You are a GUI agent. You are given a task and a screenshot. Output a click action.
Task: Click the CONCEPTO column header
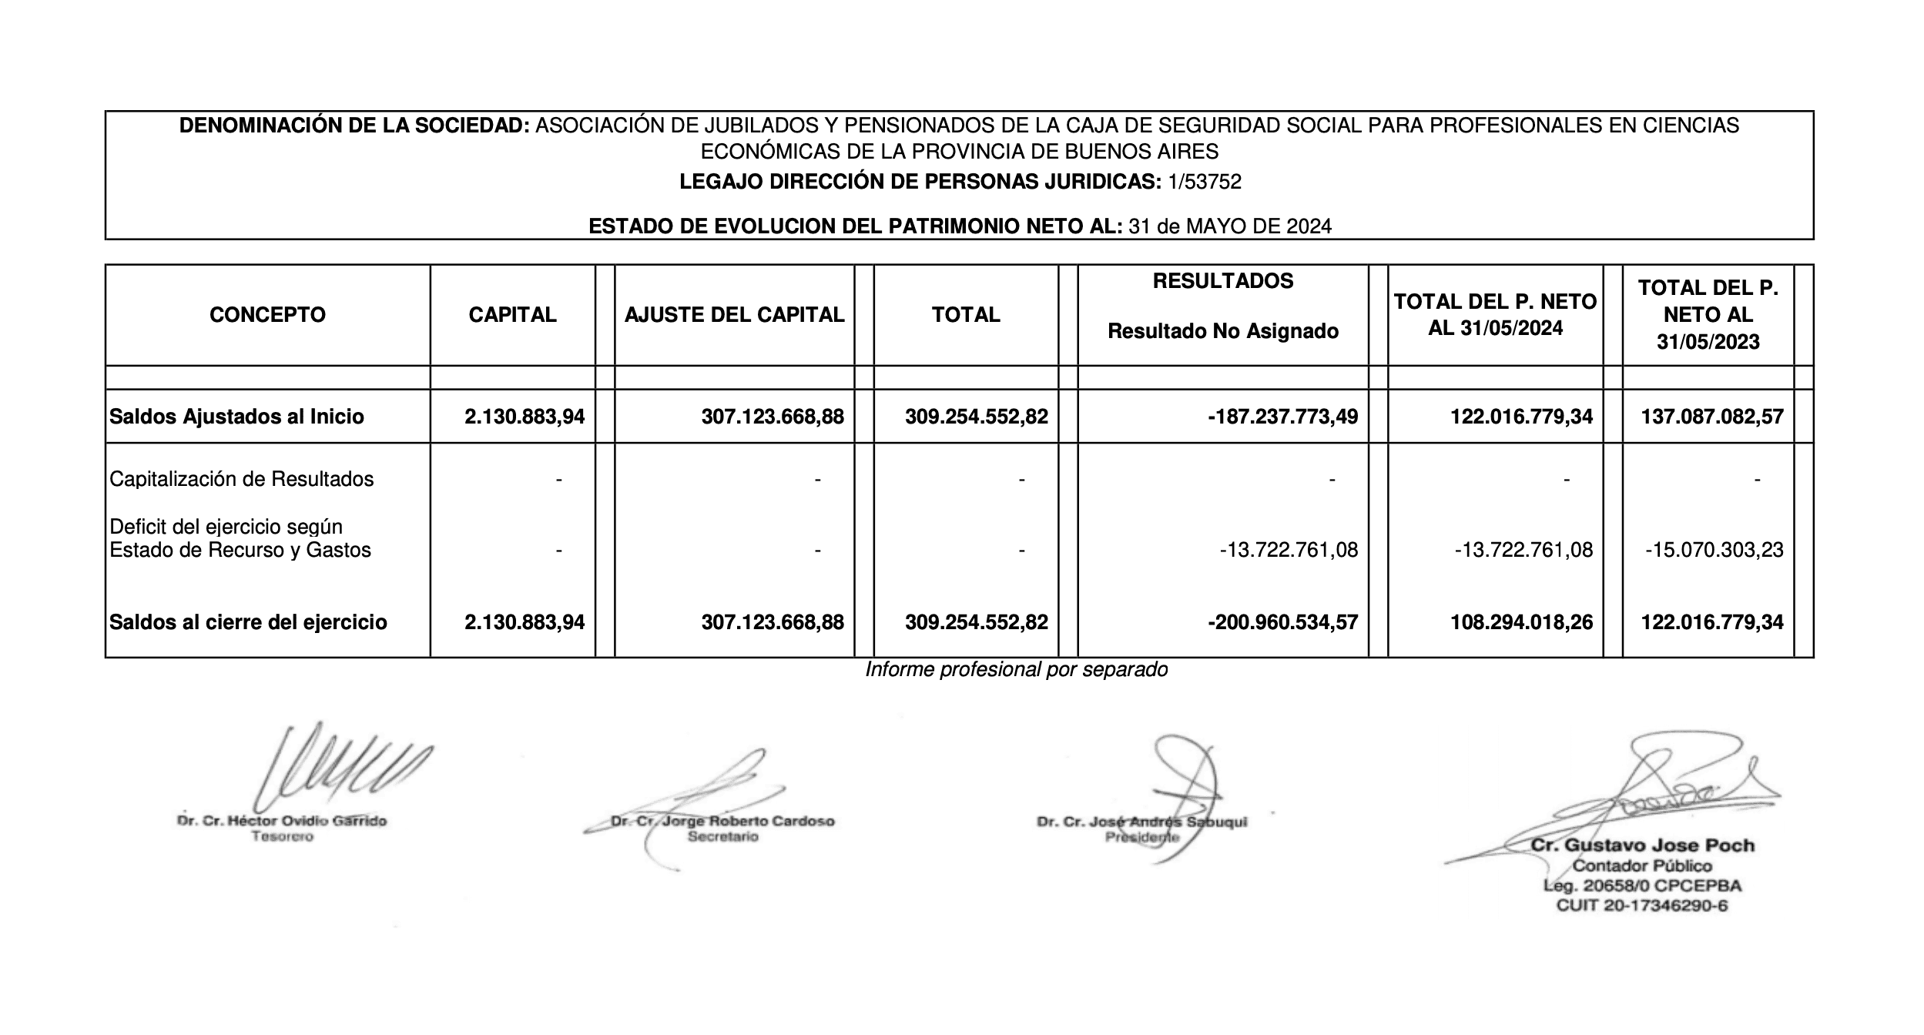(x=267, y=314)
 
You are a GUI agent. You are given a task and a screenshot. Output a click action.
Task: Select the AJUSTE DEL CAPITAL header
(x=734, y=314)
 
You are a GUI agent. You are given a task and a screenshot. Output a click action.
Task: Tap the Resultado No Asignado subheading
(x=1222, y=331)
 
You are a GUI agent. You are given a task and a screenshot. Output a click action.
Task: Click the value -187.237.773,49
(x=1282, y=417)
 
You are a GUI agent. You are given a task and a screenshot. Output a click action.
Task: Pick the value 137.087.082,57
(x=1711, y=417)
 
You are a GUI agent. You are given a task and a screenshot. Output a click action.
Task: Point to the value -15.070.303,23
(x=1714, y=550)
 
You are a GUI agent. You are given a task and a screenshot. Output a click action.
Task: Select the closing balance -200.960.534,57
(x=1282, y=622)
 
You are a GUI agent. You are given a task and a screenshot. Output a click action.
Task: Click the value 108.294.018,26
(x=1521, y=622)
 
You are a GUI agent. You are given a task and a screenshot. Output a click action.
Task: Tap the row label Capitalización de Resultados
(x=241, y=479)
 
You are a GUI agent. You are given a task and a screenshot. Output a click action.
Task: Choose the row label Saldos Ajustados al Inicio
(x=236, y=417)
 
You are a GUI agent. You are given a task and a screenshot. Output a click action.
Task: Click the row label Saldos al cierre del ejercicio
(x=248, y=622)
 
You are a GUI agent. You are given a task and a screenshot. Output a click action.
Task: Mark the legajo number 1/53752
(x=1205, y=182)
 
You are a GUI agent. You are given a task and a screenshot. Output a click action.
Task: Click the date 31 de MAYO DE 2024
(x=1230, y=226)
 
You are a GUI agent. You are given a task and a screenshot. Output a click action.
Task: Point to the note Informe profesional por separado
(x=1016, y=669)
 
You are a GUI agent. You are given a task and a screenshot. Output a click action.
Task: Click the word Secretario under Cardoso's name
(x=722, y=836)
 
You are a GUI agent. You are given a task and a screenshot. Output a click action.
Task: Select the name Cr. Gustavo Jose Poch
(x=1642, y=845)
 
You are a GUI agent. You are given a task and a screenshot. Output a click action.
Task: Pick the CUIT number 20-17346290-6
(x=1664, y=906)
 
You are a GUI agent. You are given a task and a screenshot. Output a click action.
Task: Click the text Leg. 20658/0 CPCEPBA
(x=1642, y=886)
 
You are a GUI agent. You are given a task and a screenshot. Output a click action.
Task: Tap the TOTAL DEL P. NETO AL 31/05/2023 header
(x=1708, y=314)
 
